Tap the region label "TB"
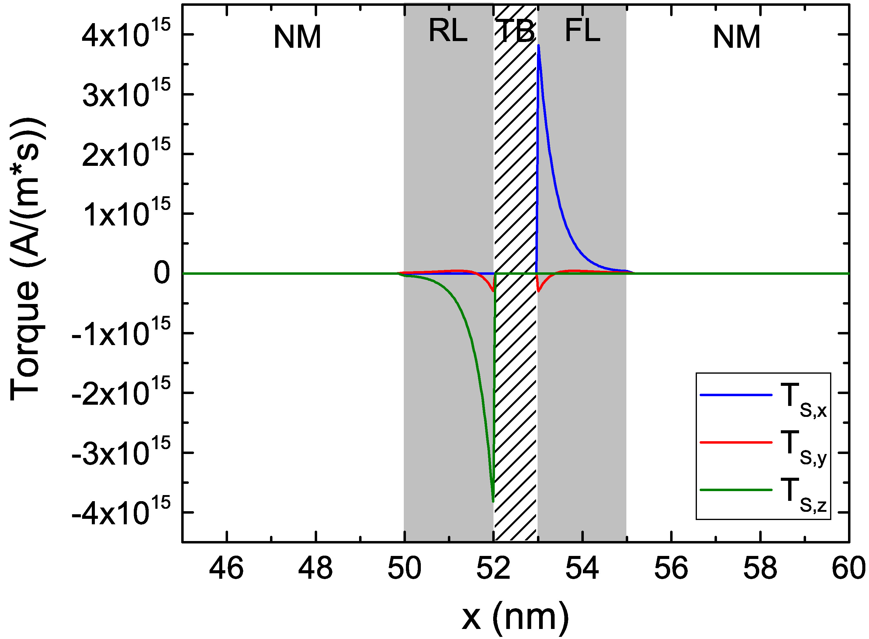[515, 31]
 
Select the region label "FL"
[582, 31]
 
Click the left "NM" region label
[297, 37]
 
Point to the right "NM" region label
[736, 37]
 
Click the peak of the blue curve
[538, 46]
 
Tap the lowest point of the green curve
[493, 501]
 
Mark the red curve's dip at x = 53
[538, 291]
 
